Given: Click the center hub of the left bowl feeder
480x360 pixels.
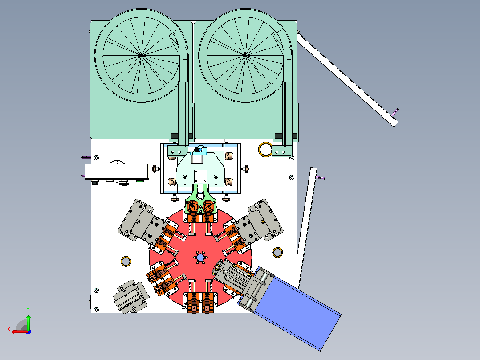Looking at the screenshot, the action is pyautogui.click(x=141, y=55).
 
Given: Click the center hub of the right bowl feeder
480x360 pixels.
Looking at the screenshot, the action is pyautogui.click(x=245, y=55).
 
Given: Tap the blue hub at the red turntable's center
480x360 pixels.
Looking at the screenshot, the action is pyautogui.click(x=200, y=258).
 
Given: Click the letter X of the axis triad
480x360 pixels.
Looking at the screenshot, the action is pyautogui.click(x=9, y=330).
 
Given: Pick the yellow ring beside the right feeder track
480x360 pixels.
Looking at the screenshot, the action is pyautogui.click(x=265, y=149).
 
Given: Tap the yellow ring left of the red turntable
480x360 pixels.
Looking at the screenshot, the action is pyautogui.click(x=126, y=262).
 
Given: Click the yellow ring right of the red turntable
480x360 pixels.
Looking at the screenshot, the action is pyautogui.click(x=277, y=253).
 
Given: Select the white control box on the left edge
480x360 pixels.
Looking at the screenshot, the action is pyautogui.click(x=117, y=172).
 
